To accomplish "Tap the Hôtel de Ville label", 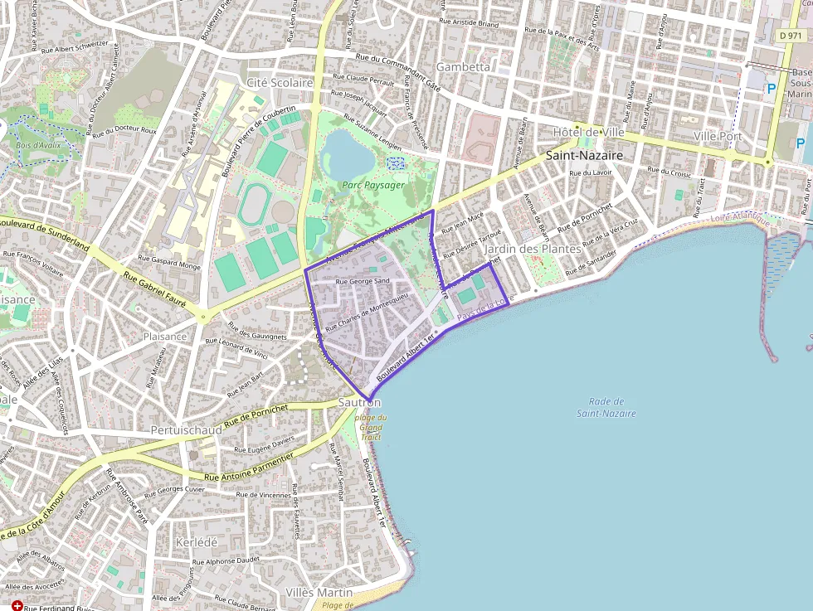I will pos(588,133).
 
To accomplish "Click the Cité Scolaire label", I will pos(280,83).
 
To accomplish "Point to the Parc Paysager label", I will pos(373,185).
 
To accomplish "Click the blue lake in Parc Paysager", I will pos(348,153).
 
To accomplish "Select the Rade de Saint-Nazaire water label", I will pos(606,407).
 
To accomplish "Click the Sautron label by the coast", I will pos(360,402).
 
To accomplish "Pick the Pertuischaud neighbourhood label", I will pos(186,431).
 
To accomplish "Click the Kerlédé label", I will pos(197,541).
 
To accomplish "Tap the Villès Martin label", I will pos(319,593).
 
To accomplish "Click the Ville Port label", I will pos(718,135).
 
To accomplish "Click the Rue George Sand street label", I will pos(363,282).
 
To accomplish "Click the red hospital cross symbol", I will pos(17,607).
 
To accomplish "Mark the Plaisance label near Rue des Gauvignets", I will pos(164,337).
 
